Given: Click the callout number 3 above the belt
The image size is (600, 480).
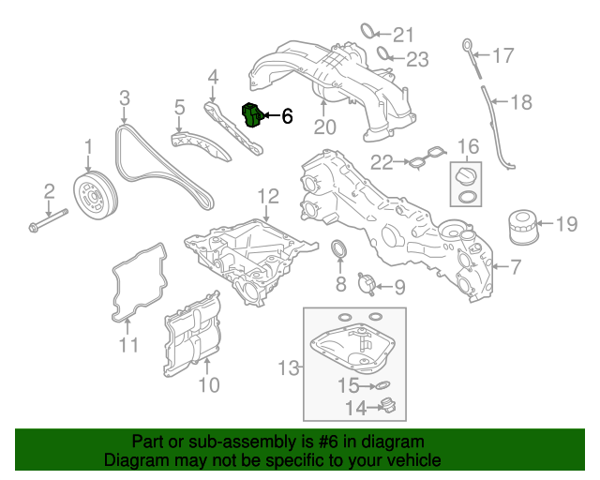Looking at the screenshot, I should coord(124,97).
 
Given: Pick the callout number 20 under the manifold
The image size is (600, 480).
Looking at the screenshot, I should coord(324,127).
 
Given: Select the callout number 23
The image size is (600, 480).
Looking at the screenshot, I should coord(417,60).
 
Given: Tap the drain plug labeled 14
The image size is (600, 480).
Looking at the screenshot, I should coord(387,406).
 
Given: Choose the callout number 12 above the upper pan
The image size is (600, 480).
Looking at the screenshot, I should coord(268,196).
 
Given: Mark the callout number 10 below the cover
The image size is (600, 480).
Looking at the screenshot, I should coord(208,384).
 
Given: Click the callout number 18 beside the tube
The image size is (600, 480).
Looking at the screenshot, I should coord(520,101).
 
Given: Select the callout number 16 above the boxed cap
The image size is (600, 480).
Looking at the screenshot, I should coord(468,146).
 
